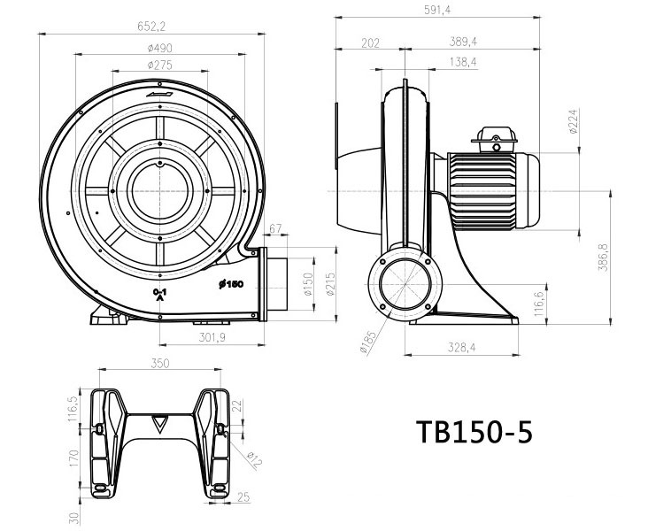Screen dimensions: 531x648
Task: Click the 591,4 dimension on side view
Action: click(x=438, y=10)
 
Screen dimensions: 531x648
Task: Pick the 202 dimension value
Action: click(x=371, y=42)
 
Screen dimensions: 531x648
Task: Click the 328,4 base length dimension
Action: click(x=460, y=349)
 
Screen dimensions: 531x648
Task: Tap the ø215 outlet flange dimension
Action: click(x=330, y=283)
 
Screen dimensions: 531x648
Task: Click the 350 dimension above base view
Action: click(x=159, y=363)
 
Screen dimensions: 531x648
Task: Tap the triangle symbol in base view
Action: click(x=159, y=422)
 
